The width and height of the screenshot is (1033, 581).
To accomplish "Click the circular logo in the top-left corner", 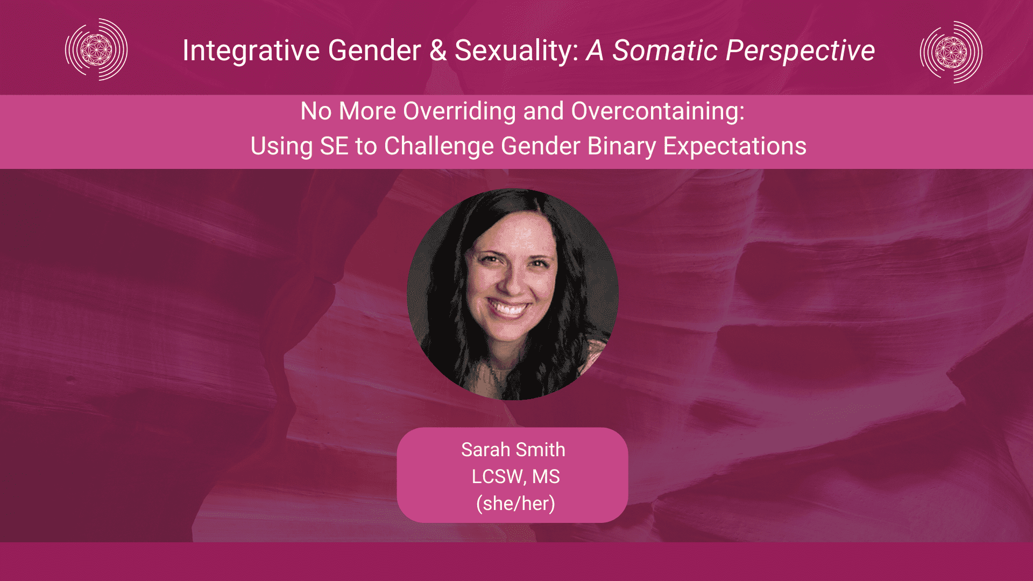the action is (96, 49).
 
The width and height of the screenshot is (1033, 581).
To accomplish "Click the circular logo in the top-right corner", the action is (951, 52).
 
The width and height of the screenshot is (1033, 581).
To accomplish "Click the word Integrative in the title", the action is (251, 51).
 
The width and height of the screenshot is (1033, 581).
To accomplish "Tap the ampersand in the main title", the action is (438, 51).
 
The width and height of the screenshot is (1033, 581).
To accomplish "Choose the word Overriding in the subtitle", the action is (460, 111).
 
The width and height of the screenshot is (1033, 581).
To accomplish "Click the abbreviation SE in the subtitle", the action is (334, 146).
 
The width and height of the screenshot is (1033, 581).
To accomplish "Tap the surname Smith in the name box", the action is (540, 450).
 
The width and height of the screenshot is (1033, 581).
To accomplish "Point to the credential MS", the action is (546, 477).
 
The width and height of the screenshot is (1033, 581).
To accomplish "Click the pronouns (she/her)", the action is (515, 504).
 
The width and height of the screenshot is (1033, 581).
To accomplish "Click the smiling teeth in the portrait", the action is (508, 309).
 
